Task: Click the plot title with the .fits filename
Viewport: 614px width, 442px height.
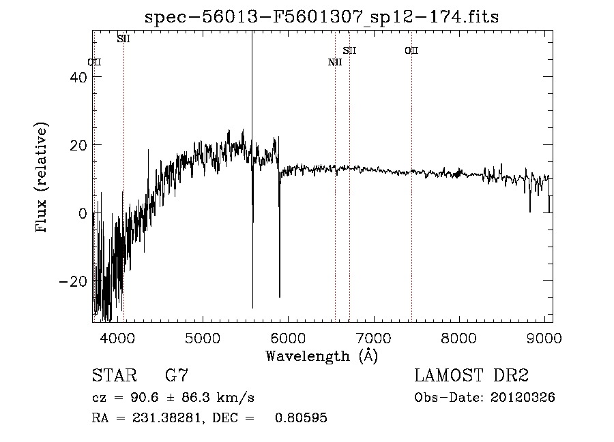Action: [x=323, y=17]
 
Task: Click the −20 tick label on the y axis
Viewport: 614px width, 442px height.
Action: [x=72, y=281]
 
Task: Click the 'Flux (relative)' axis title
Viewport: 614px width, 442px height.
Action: [x=42, y=178]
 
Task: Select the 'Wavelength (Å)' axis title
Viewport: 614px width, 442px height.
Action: [x=322, y=356]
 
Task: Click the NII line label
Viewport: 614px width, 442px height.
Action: [x=335, y=63]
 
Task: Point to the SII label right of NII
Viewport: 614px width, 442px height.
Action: [x=349, y=50]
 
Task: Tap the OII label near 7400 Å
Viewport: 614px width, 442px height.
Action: [x=411, y=50]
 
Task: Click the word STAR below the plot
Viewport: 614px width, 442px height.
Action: [x=113, y=375]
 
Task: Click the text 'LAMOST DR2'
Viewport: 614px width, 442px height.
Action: [x=471, y=375]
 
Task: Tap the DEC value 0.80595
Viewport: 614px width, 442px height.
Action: [x=301, y=418]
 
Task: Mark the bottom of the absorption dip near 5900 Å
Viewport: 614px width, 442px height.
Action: [x=279, y=296]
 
